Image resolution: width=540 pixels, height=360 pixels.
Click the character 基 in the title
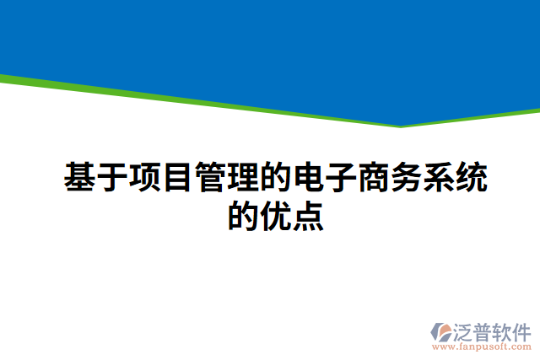coord(80,178)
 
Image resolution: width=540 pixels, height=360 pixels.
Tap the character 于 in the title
coord(113,178)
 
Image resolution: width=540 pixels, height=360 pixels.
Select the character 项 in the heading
coord(146,178)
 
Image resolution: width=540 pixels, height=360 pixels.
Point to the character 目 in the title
coord(178,178)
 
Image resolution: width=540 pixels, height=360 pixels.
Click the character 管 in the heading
coord(211,178)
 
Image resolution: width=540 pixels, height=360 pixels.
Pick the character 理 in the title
coord(244,178)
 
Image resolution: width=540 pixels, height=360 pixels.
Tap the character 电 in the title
coord(309,178)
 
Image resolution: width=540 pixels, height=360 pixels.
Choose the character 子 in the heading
coord(342,178)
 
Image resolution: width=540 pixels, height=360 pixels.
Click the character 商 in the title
coord(375,178)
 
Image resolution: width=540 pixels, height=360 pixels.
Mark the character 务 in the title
coord(408,178)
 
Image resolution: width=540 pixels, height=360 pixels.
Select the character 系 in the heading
coord(440,178)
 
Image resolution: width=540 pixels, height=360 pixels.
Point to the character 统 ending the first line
coord(472,178)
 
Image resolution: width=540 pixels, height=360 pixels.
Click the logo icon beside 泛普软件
coord(442,332)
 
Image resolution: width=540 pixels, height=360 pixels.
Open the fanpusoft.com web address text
coord(482,347)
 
